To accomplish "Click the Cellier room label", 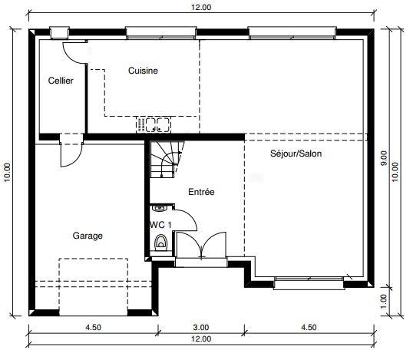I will click(x=61, y=81).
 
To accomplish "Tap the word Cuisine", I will click(x=143, y=71).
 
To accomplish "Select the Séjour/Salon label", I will click(x=296, y=153).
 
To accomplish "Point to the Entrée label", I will click(x=201, y=192).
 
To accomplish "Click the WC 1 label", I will click(x=160, y=224).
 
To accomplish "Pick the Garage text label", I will click(x=88, y=236).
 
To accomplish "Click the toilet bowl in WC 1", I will click(x=160, y=243).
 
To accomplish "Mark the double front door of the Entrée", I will click(x=199, y=248).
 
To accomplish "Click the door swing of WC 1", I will click(x=186, y=220).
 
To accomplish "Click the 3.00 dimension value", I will click(x=201, y=327).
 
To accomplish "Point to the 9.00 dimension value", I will click(x=384, y=158).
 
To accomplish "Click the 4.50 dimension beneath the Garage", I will click(x=92, y=327).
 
